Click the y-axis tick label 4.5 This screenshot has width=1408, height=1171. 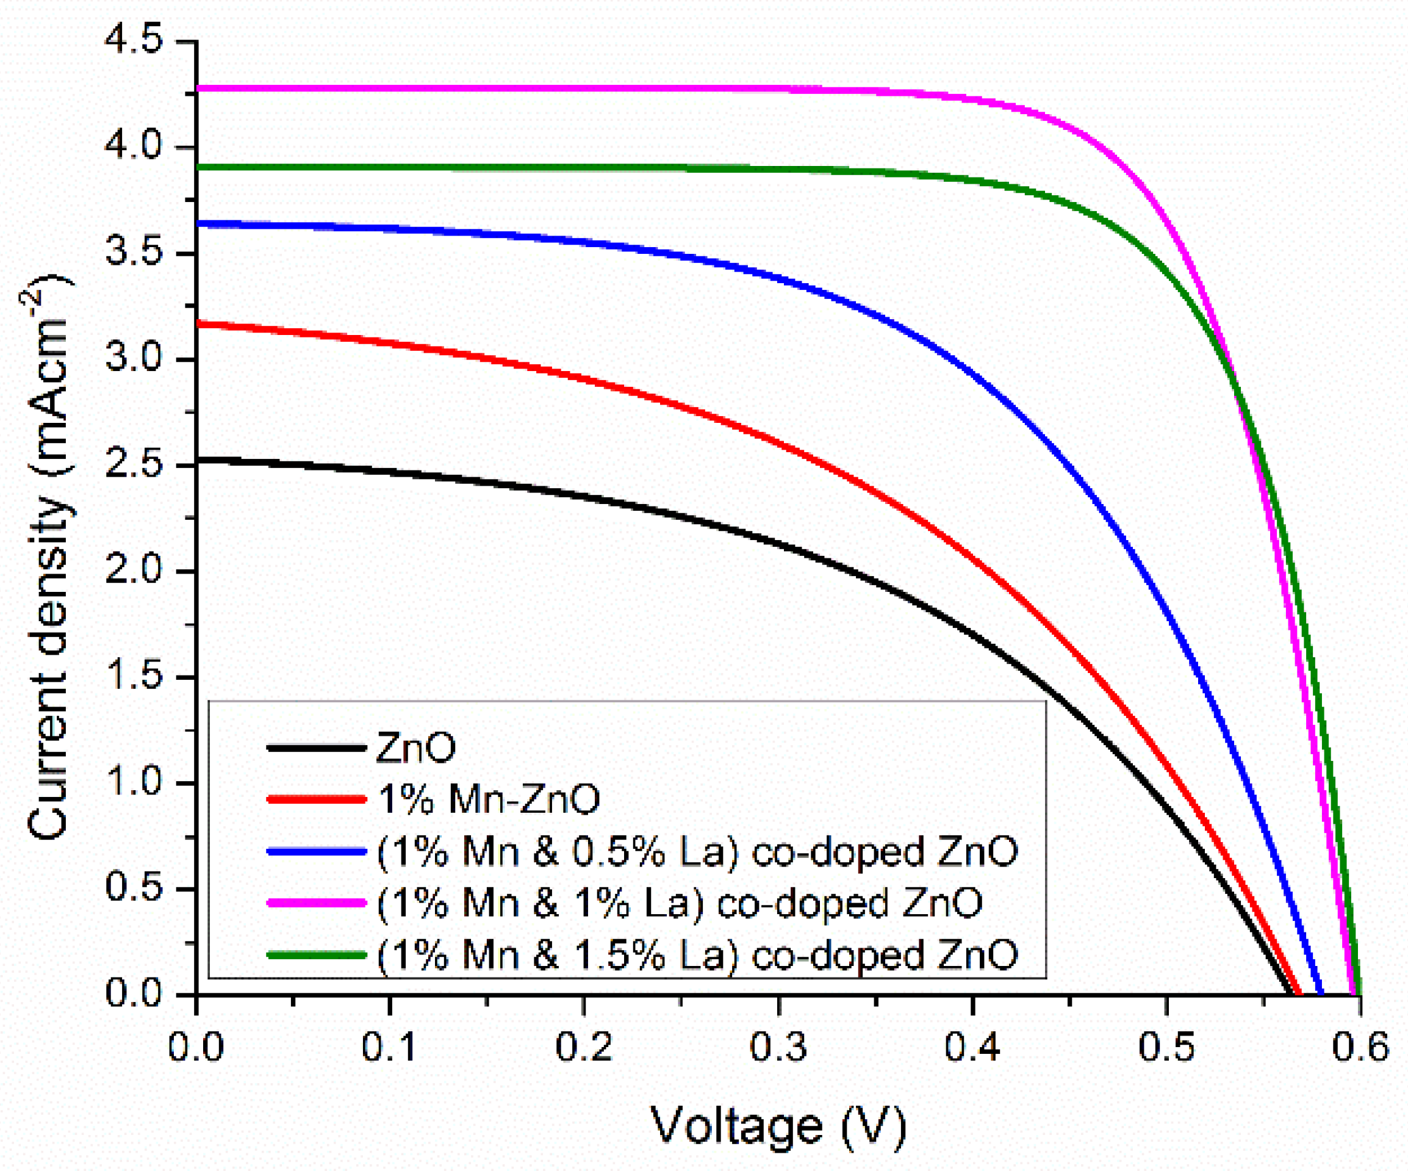point(134,41)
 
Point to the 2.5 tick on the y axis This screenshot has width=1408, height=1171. point(134,465)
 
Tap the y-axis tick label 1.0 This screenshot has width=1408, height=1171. point(134,783)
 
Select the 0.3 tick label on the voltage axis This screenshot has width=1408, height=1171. point(778,1047)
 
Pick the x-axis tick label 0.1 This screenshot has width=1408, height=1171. point(390,1047)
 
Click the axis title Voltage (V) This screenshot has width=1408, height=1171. point(778,1126)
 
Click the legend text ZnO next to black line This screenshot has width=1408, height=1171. point(415,747)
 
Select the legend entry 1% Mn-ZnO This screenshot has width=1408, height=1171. point(489,799)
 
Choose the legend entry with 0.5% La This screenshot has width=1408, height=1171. point(697,852)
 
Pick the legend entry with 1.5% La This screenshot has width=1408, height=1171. point(697,955)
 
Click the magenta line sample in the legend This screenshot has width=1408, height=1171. point(317,903)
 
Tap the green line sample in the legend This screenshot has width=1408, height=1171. point(317,955)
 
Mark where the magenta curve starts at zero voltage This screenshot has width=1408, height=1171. point(198,88)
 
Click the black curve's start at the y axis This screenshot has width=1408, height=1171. point(198,460)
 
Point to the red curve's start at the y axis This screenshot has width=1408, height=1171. point(198,324)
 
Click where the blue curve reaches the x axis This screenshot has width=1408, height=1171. point(1321,993)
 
